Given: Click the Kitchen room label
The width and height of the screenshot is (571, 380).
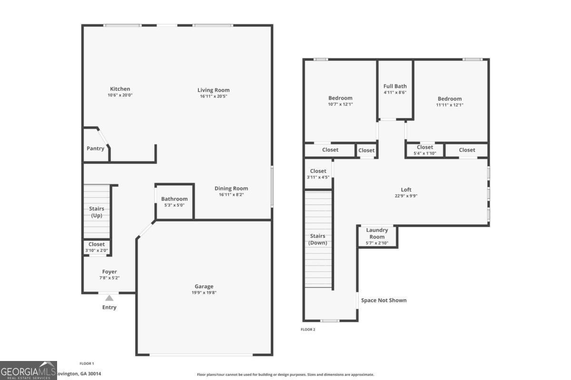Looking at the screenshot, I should [x=120, y=89].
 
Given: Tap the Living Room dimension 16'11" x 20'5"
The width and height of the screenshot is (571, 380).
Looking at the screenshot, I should [x=214, y=96].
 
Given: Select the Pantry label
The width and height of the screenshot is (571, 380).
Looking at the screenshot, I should [x=95, y=149].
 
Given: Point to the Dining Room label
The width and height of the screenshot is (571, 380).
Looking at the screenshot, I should [x=231, y=189].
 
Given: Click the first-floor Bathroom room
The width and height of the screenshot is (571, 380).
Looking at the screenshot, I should [x=174, y=202].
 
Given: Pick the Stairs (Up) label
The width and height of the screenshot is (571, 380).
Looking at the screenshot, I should [x=97, y=212].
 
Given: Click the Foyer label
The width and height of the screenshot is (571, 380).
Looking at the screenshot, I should [x=109, y=272].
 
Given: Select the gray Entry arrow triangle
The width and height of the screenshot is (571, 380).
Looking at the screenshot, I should [x=109, y=298].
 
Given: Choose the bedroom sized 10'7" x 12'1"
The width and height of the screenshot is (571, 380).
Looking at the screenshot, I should [x=340, y=101].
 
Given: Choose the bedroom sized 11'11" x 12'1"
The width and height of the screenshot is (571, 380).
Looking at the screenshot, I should [x=450, y=102].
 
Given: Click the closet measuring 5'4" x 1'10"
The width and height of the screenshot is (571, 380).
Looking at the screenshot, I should [x=425, y=150].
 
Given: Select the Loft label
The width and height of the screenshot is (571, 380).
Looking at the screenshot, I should [x=406, y=190].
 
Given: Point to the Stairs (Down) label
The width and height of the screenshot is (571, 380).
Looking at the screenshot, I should [x=318, y=239].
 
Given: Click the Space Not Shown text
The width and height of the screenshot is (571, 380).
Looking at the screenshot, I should [x=384, y=300].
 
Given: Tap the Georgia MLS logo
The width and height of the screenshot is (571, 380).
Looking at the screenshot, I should [x=28, y=370].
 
